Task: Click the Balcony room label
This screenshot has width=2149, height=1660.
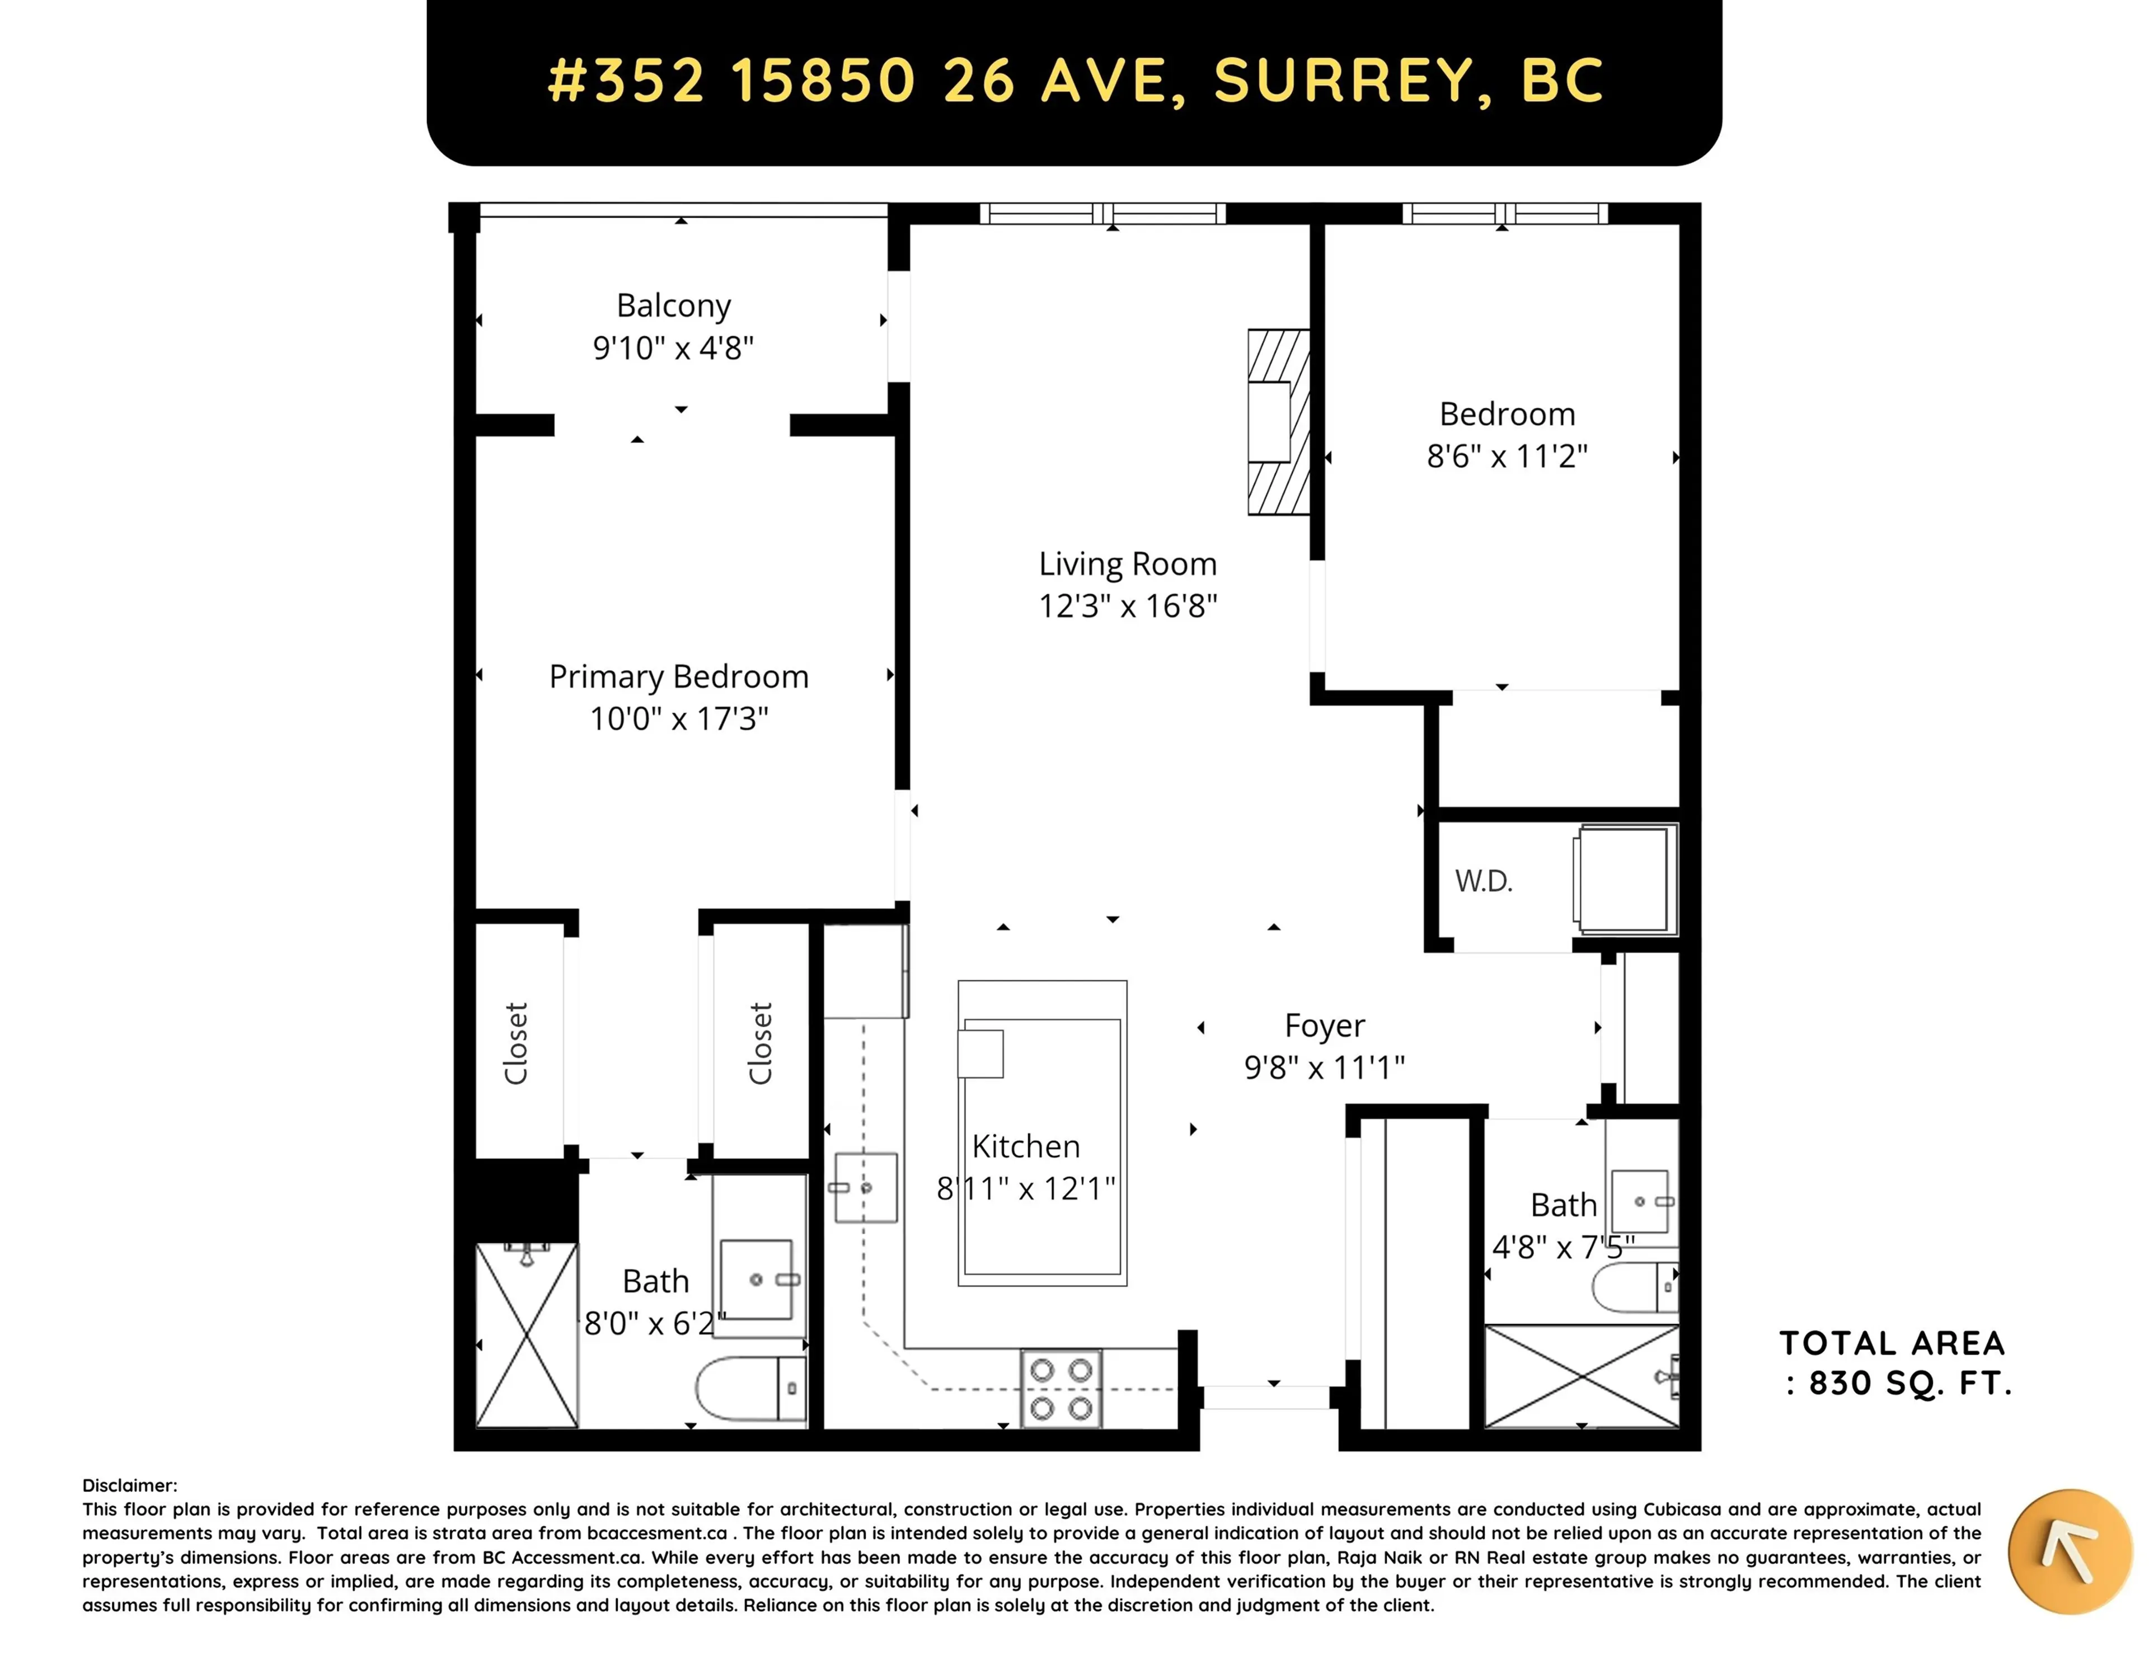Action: pos(673,306)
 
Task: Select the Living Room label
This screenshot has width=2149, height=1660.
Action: pos(1128,564)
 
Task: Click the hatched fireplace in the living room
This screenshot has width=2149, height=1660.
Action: pos(1278,422)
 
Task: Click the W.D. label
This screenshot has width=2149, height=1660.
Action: pos(1483,881)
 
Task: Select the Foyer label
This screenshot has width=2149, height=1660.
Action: pos(1325,1026)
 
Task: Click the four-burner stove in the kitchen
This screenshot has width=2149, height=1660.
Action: pos(1061,1389)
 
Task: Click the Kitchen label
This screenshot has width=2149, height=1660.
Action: pos(1025,1146)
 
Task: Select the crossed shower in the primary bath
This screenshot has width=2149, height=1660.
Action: pos(527,1335)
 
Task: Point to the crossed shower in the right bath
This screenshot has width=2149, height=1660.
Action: pos(1580,1376)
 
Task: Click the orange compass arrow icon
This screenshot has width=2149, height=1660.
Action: pos(2070,1552)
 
